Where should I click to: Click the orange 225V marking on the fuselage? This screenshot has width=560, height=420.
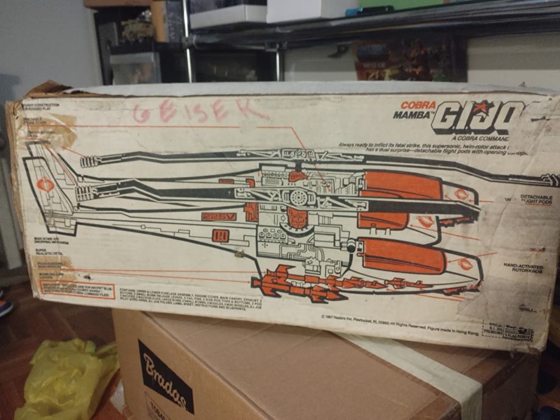point(219,216)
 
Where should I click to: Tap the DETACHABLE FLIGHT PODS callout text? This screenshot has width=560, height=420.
point(536,200)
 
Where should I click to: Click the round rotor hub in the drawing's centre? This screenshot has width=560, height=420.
point(299,198)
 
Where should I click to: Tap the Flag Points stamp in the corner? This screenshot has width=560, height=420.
point(508,332)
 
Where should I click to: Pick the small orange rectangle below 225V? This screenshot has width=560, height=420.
point(221,236)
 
